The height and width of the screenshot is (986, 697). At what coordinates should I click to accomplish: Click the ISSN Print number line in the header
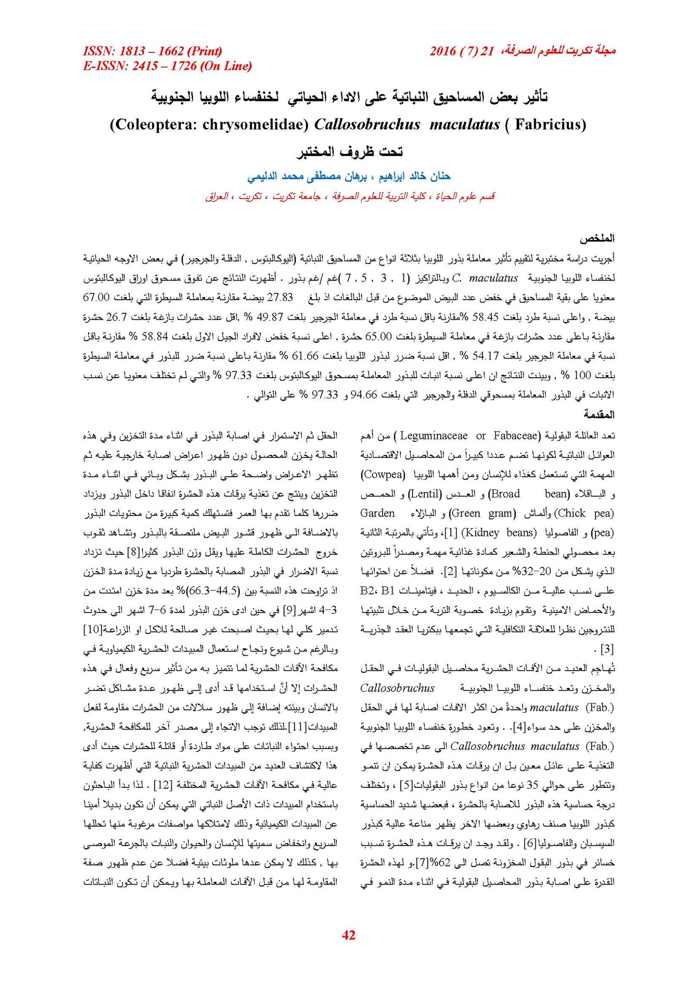click(152, 51)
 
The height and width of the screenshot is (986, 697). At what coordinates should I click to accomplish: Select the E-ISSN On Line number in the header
click(167, 66)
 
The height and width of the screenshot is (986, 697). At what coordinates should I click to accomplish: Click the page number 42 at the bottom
click(348, 935)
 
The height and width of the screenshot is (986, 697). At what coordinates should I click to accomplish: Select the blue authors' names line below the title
click(348, 176)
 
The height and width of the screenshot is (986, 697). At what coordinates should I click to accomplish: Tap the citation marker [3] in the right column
click(607, 649)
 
